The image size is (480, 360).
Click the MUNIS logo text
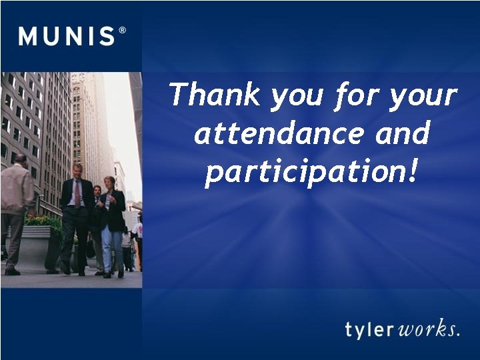point(67,35)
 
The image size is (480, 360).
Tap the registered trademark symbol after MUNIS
point(122,30)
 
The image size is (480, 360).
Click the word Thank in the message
point(215,95)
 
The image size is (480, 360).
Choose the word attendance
point(279,134)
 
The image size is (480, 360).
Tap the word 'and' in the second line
point(402,134)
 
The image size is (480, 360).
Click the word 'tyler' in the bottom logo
point(370,329)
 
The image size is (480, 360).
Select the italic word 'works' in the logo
point(427,329)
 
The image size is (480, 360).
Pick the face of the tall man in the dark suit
point(77,171)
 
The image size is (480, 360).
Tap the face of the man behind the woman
point(97,191)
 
